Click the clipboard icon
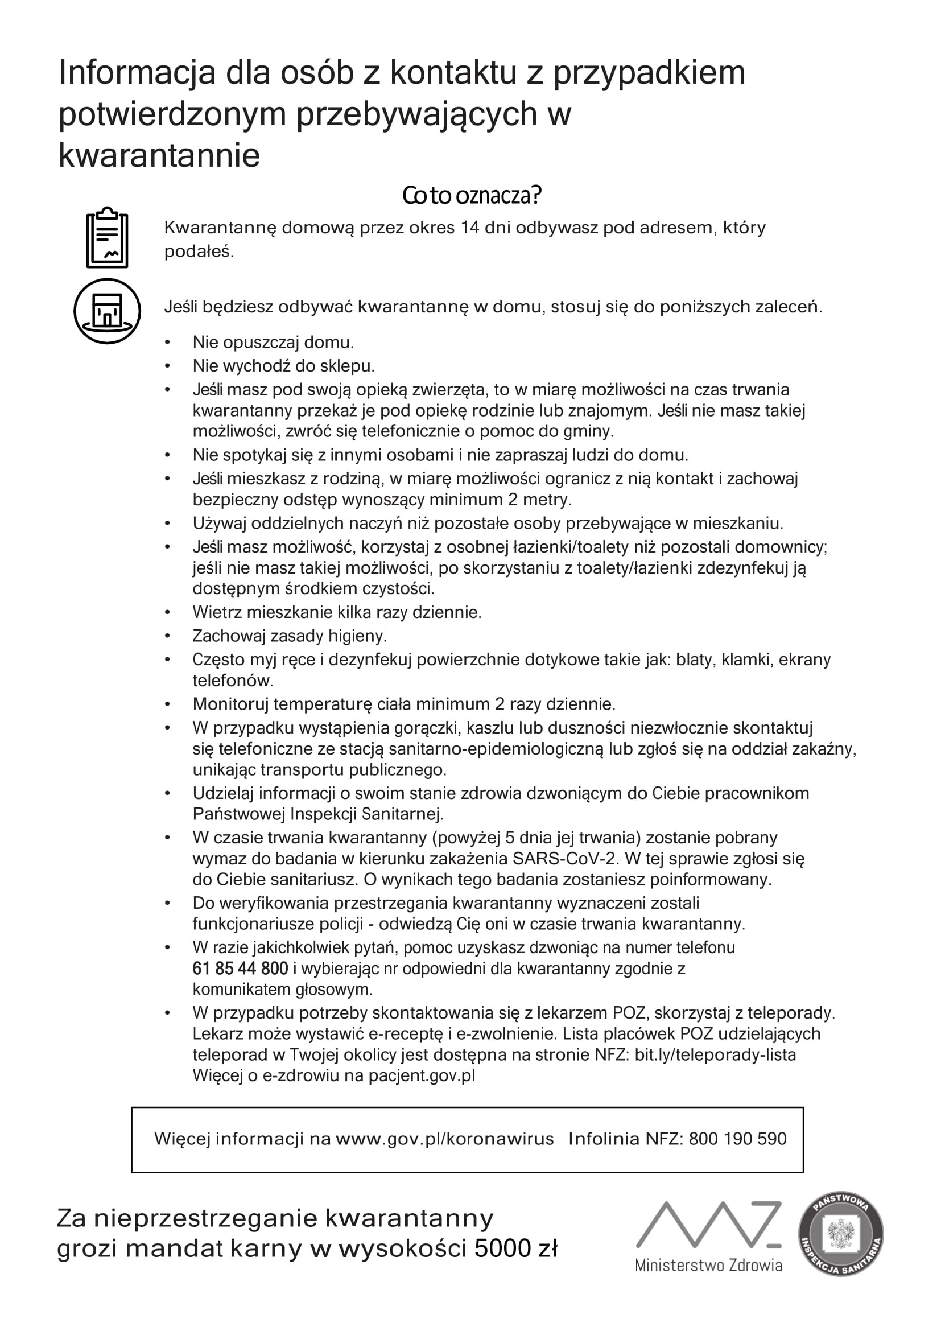(x=107, y=238)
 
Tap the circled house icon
(x=107, y=311)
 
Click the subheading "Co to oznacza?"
(x=472, y=196)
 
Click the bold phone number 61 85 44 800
(x=240, y=968)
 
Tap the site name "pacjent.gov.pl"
(x=422, y=1075)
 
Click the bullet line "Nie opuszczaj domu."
(x=273, y=343)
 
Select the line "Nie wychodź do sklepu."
(x=283, y=366)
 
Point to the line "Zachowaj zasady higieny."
(x=289, y=636)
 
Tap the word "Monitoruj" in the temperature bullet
(x=230, y=704)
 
